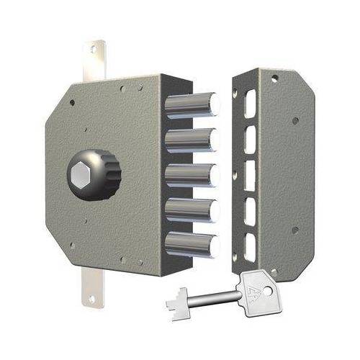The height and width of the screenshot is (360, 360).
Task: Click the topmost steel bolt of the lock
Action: click(191, 105)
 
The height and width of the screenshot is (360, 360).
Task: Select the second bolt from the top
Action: click(191, 139)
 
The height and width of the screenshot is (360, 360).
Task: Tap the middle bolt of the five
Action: click(191, 174)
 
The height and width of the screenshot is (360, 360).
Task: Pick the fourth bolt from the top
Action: click(191, 210)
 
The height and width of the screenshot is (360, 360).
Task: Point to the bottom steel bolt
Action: click(191, 243)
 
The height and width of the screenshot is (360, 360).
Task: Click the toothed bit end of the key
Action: click(176, 300)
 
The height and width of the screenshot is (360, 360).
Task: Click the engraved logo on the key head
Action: click(251, 289)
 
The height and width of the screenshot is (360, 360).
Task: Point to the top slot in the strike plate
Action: click(249, 104)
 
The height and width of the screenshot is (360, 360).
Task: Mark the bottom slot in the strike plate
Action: click(249, 246)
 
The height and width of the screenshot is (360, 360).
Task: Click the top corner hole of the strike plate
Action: click(274, 78)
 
